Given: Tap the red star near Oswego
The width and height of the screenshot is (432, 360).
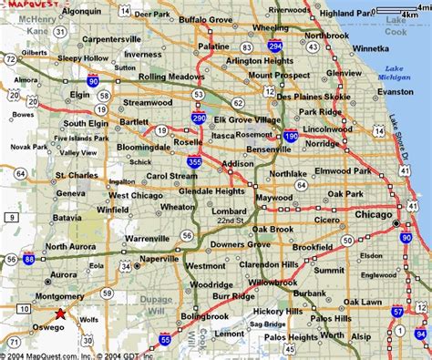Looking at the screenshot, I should (59, 314).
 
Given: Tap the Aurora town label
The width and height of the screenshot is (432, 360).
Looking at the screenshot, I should (63, 273).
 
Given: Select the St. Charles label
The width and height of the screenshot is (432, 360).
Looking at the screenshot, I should (76, 174).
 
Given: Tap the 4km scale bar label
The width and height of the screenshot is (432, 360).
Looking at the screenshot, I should (421, 15).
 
